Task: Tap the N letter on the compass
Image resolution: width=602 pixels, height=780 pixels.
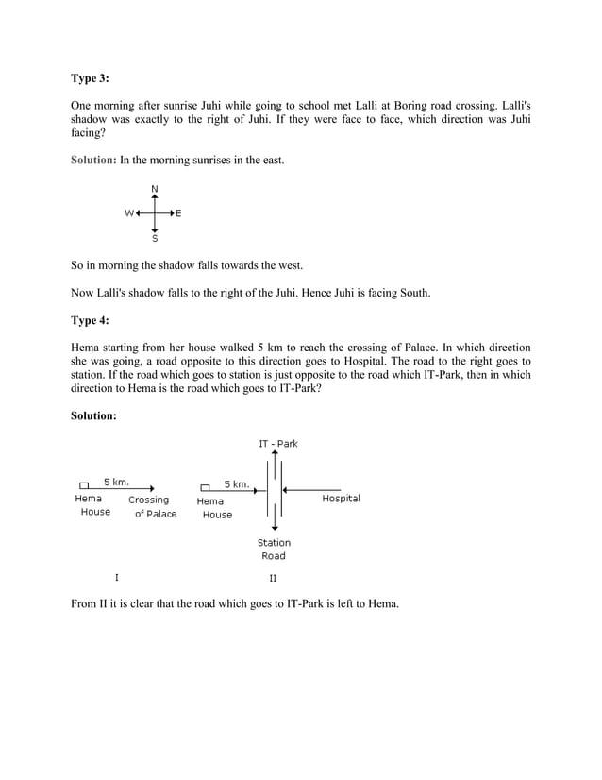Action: (155, 189)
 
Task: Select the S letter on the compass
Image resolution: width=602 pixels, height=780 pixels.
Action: (155, 239)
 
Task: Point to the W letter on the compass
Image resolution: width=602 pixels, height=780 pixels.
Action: (129, 213)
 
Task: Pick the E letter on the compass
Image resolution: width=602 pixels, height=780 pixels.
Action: (179, 213)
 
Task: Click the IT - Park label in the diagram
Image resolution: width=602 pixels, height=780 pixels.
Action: (277, 443)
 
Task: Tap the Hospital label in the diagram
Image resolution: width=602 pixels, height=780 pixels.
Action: (341, 498)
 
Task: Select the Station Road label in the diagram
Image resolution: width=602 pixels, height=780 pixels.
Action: (274, 550)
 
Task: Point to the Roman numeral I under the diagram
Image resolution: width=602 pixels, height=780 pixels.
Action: (116, 576)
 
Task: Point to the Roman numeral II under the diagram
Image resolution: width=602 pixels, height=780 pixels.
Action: (273, 577)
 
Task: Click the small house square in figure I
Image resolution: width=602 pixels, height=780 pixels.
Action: (84, 486)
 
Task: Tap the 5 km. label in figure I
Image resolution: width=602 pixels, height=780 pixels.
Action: (116, 482)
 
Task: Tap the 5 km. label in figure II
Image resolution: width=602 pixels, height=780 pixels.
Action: (236, 483)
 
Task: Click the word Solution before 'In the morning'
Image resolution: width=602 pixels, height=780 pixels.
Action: (92, 160)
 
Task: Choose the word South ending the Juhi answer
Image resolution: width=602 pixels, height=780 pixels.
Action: (413, 293)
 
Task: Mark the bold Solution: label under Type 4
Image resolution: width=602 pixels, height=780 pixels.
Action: (93, 415)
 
